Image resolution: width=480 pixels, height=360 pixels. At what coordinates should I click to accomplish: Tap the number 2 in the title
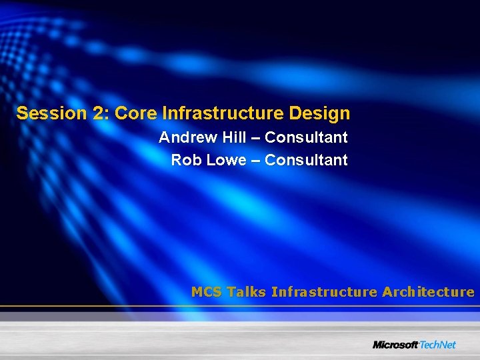pos(100,113)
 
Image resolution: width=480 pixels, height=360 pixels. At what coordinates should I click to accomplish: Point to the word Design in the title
pos(319,113)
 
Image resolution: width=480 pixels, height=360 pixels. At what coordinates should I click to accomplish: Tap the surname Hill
pos(233,137)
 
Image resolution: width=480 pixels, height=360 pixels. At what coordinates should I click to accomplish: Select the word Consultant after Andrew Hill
pos(306,137)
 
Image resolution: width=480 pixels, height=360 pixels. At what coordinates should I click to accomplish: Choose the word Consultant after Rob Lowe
pos(306,160)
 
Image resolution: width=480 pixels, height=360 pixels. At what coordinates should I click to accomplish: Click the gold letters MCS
pos(207,292)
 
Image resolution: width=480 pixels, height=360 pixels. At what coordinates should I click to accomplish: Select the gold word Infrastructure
pos(325,292)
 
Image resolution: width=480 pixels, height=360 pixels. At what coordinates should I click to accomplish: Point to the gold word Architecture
pos(428,292)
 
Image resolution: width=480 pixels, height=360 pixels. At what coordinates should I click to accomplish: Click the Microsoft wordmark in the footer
pos(395,345)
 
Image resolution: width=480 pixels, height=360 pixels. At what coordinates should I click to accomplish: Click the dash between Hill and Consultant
pos(256,138)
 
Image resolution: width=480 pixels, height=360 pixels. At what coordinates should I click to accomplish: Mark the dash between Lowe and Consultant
pos(256,161)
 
